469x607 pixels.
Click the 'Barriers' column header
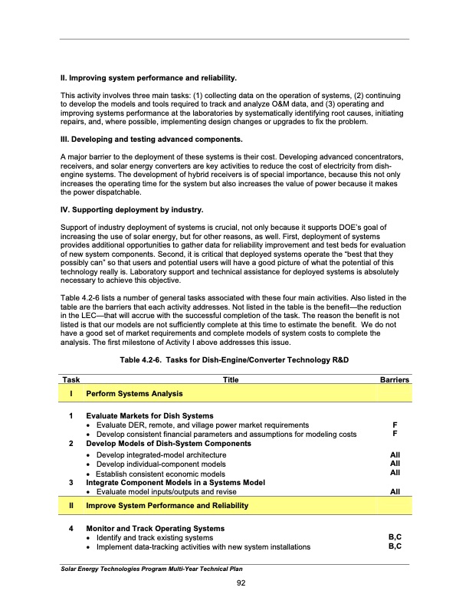click(394, 379)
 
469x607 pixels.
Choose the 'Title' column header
click(230, 379)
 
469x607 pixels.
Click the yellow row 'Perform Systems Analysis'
click(134, 394)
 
